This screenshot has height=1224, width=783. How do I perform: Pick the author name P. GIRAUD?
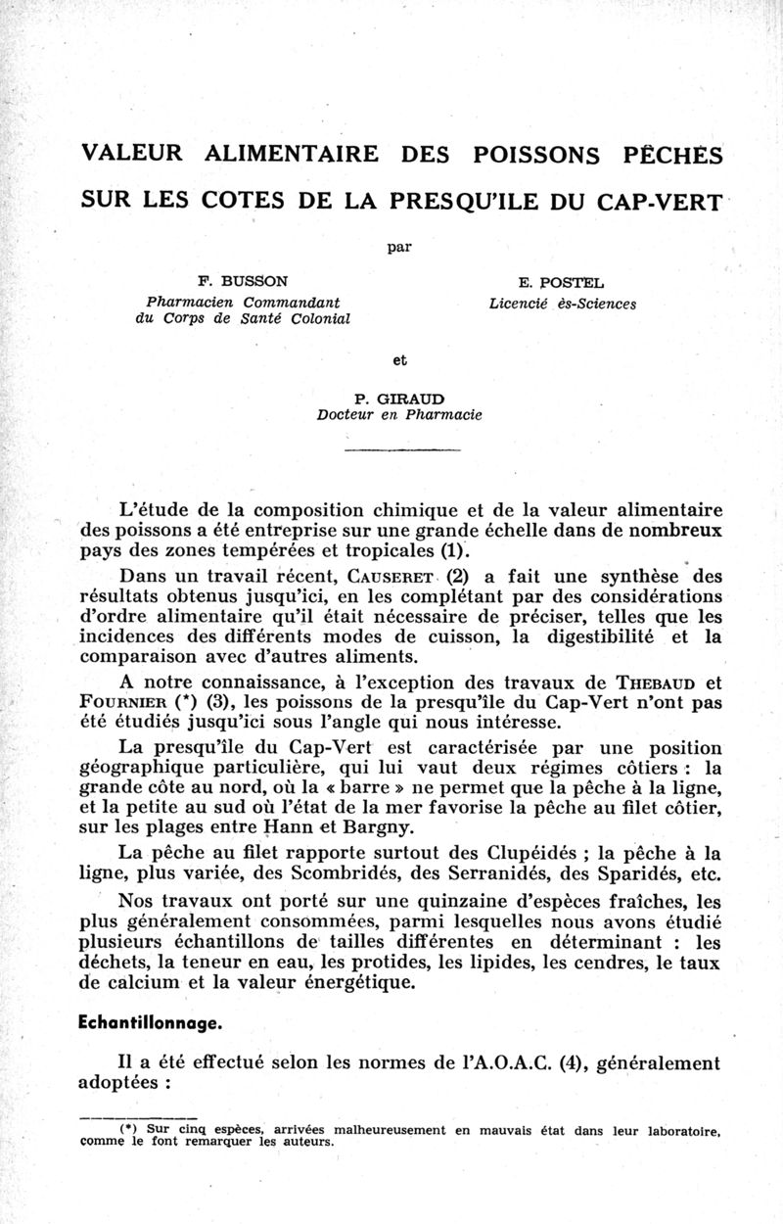click(x=398, y=399)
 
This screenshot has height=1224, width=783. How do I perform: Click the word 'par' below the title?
click(x=398, y=247)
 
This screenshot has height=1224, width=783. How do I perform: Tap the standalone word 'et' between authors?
click(x=398, y=359)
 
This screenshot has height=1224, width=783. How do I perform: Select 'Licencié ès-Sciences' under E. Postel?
click(x=562, y=304)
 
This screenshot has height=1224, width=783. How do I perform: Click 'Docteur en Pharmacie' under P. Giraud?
click(x=398, y=415)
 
